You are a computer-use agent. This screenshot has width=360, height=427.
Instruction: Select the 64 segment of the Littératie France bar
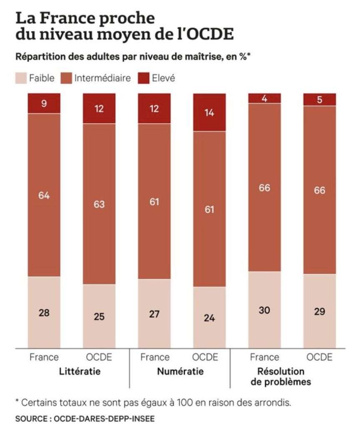pos(44,195)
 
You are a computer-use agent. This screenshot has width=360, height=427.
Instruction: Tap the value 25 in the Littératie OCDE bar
pos(99,316)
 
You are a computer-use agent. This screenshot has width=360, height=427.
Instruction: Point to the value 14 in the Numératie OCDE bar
pos(209,113)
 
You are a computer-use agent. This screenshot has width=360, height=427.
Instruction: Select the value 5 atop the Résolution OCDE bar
pos(319,100)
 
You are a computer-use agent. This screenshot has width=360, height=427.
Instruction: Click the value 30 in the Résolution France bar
pos(264,310)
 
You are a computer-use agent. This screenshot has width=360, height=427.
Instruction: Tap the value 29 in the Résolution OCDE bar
pos(319,311)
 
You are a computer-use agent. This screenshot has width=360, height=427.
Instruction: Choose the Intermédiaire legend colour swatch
pos(66,78)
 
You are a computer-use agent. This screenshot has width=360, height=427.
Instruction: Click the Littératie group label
pos(80,372)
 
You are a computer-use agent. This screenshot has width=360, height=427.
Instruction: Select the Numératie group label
pos(180,372)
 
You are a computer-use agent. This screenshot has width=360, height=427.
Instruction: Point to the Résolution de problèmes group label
pos(281,377)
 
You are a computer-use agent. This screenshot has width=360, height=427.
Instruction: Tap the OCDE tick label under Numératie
pos(205,357)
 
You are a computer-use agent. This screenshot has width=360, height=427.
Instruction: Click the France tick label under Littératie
pos(44,357)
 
